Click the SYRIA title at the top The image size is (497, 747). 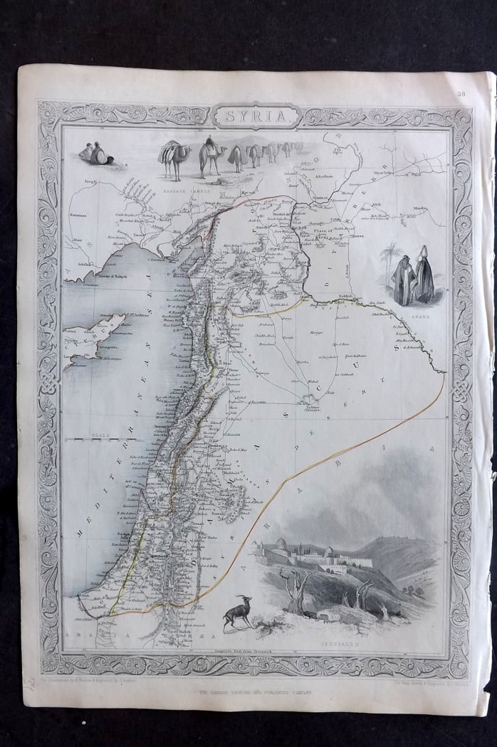pos(254,115)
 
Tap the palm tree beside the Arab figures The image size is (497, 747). pos(390,260)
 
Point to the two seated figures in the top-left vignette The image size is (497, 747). pos(95,154)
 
